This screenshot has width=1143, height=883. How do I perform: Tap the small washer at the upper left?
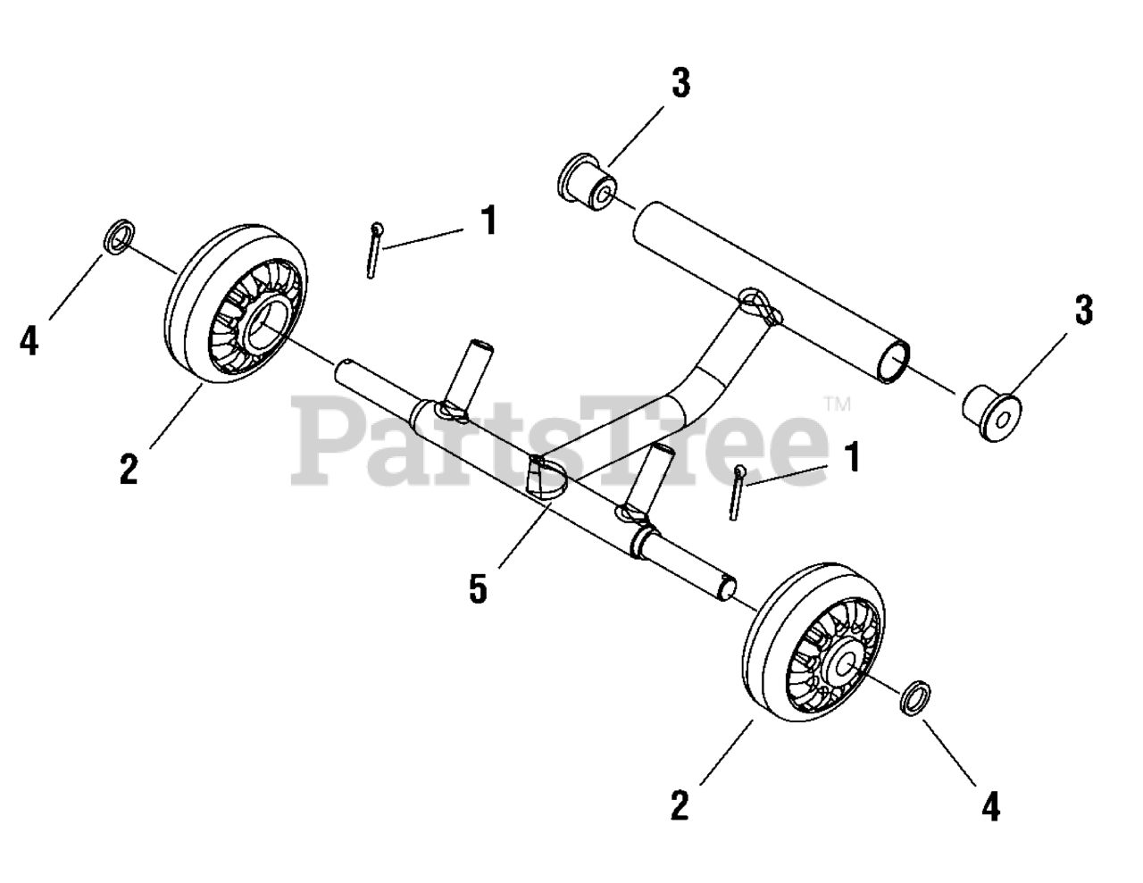pyautogui.click(x=119, y=237)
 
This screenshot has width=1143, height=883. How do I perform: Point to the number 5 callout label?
pyautogui.click(x=479, y=589)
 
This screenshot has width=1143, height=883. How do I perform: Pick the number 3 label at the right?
pyautogui.click(x=1083, y=311)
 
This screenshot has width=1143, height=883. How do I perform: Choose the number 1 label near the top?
pyautogui.click(x=488, y=221)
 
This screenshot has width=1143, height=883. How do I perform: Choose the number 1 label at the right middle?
pyautogui.click(x=853, y=457)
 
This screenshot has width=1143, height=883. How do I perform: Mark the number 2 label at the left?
pyautogui.click(x=129, y=469)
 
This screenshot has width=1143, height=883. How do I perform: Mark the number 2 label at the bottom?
pyautogui.click(x=680, y=806)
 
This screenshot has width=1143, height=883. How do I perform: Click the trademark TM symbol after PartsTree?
pyautogui.click(x=838, y=404)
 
